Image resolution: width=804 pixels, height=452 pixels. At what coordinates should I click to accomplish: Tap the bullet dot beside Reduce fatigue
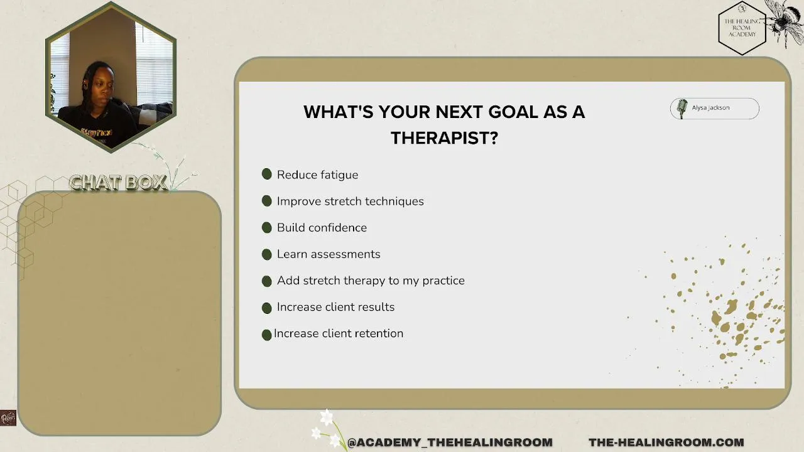[x=267, y=174]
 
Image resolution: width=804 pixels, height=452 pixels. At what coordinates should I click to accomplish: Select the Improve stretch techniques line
[x=350, y=202]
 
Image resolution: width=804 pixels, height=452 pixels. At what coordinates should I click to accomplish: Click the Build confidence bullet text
[x=322, y=227]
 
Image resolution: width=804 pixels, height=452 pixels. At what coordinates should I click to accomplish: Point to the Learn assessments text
[x=329, y=254]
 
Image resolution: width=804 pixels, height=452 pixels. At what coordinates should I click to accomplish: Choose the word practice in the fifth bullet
[x=443, y=281]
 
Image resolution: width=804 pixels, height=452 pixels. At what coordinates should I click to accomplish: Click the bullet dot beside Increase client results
[x=267, y=308]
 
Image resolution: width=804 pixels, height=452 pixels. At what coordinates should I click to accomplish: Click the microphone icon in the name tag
[x=682, y=109]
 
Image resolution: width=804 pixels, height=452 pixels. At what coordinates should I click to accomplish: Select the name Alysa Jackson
[x=710, y=107]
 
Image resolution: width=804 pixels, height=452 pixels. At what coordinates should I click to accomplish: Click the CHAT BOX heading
[x=118, y=183]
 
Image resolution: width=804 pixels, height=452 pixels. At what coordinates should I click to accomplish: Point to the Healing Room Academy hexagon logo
[x=742, y=28]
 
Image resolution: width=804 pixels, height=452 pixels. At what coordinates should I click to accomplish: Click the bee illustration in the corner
[x=786, y=21]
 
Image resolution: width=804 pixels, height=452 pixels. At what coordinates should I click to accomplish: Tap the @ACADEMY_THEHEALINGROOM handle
[x=450, y=443]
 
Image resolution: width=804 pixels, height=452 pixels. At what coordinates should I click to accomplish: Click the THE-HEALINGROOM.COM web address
[x=666, y=443]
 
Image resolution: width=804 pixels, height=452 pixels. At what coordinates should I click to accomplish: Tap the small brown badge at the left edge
[x=8, y=418]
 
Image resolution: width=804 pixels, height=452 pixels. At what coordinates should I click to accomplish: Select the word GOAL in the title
[x=513, y=112]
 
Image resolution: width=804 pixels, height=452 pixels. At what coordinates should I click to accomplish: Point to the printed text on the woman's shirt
[x=97, y=132]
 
